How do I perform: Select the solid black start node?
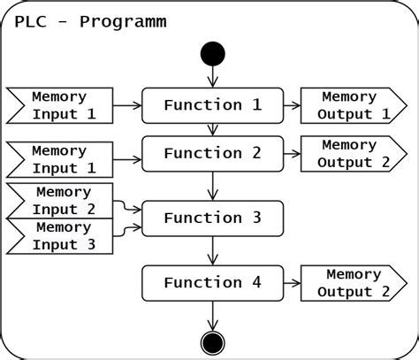click(x=213, y=53)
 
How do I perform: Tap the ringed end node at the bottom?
click(x=213, y=342)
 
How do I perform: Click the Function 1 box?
click(x=212, y=105)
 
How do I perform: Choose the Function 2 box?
click(x=212, y=153)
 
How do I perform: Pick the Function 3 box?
click(x=212, y=218)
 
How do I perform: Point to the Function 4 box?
click(x=212, y=283)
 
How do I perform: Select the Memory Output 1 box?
click(x=351, y=105)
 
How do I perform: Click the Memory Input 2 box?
click(x=60, y=201)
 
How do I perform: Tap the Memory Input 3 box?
click(x=60, y=236)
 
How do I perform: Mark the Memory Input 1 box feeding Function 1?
click(x=60, y=105)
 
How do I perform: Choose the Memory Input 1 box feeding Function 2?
click(x=60, y=159)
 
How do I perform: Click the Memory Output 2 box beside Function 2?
click(x=351, y=153)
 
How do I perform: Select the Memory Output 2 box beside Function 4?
click(x=351, y=283)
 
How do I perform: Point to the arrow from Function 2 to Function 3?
click(x=213, y=186)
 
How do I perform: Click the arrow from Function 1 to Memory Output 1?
click(x=292, y=105)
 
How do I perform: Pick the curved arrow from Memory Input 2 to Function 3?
click(x=128, y=208)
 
